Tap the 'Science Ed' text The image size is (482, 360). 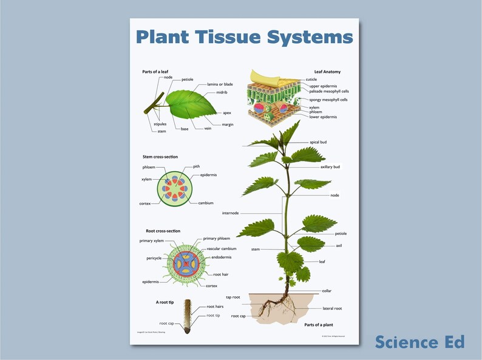pos(419,342)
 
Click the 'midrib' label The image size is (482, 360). pos(222,93)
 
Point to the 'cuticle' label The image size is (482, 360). pos(311,80)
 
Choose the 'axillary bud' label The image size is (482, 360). pos(330,166)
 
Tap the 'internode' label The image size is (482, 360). pos(231,213)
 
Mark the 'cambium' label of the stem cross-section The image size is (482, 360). pos(206,203)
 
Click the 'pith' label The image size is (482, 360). pos(197,166)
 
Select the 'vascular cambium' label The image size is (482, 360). pos(222,249)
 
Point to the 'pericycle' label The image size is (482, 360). pos(154,257)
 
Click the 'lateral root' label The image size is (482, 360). pos(332,308)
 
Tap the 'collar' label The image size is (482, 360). pos(327,291)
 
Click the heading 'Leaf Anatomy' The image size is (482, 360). pos(327,72)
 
